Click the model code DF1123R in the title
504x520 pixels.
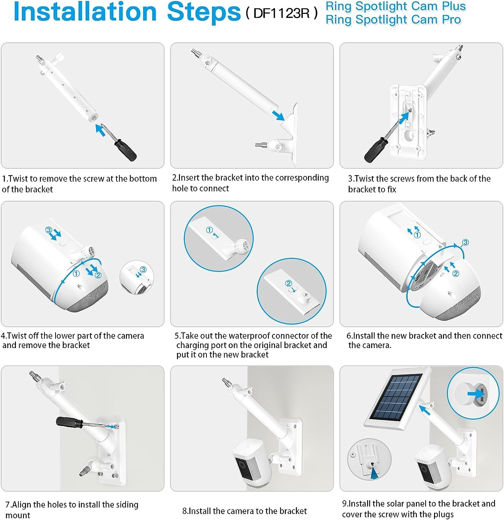pyautogui.click(x=281, y=13)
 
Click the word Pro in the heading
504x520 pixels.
pyautogui.click(x=451, y=20)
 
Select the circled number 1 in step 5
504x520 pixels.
pyautogui.click(x=209, y=230)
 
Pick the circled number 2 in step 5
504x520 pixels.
pyautogui.click(x=288, y=283)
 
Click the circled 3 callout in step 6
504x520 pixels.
pyautogui.click(x=465, y=242)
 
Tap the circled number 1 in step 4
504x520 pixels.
pyautogui.click(x=76, y=274)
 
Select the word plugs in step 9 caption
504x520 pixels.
pyautogui.click(x=441, y=514)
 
